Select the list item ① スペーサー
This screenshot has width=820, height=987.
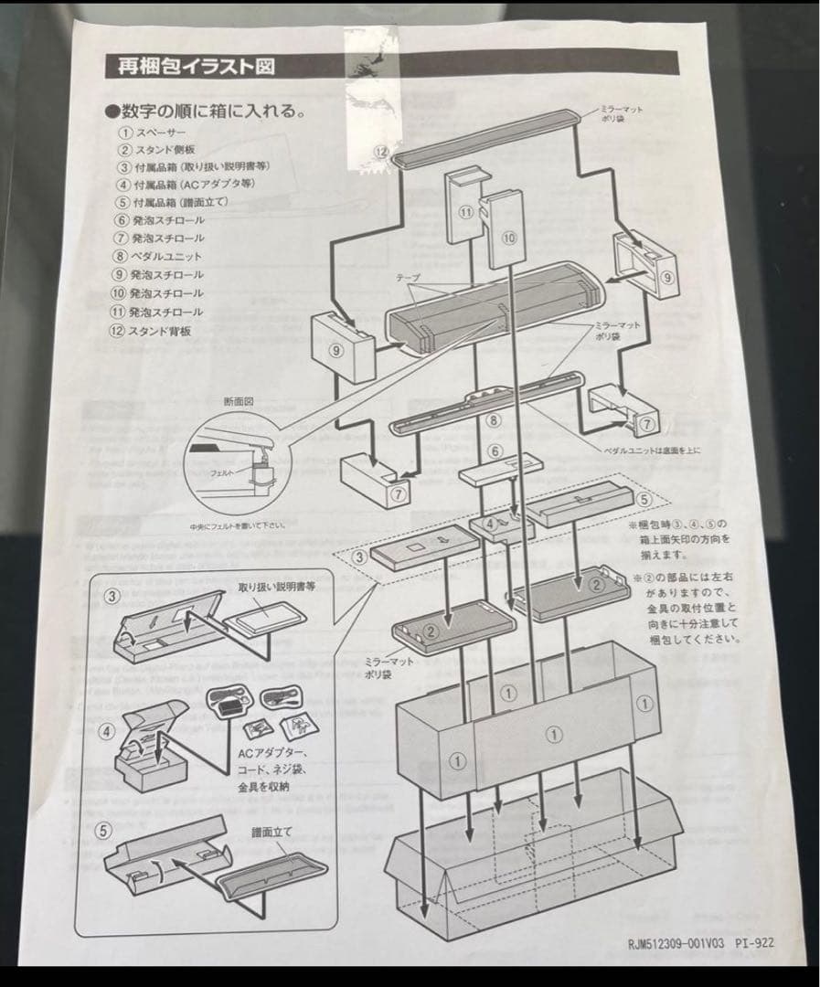pyautogui.click(x=150, y=132)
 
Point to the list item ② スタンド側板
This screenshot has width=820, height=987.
pyautogui.click(x=154, y=150)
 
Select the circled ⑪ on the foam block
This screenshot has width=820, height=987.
pyautogui.click(x=465, y=212)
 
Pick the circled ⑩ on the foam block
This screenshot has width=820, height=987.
pyautogui.click(x=509, y=238)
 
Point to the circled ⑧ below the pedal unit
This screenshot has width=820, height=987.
pyautogui.click(x=493, y=421)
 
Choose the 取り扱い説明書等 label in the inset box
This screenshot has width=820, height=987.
pyautogui.click(x=276, y=587)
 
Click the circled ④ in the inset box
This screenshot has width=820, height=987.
pyautogui.click(x=109, y=731)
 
